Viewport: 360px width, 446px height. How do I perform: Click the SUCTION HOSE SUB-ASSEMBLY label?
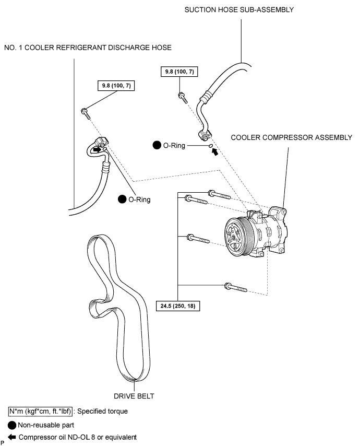point(239,10)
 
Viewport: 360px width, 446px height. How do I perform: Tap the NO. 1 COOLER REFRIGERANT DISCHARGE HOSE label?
point(88,48)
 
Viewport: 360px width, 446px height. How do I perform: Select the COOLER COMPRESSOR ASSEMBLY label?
point(291,137)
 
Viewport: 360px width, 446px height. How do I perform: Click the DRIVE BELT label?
point(134,396)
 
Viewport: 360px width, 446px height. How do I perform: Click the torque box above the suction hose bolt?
point(179,72)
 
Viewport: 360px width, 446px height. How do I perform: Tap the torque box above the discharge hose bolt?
point(116,85)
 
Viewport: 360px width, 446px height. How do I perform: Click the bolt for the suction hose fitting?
point(183,98)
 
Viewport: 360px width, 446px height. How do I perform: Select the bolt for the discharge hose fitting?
point(86,113)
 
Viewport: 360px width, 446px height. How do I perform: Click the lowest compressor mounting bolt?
point(235,288)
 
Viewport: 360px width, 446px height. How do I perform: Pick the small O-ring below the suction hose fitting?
point(211,146)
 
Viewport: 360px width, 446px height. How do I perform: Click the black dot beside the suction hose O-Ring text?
point(157,145)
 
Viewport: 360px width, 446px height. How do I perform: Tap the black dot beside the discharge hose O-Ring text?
point(122,199)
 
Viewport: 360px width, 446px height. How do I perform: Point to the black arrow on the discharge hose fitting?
point(97,149)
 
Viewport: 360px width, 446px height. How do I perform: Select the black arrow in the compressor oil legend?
point(12,437)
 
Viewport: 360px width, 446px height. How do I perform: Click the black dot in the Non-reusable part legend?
point(12,425)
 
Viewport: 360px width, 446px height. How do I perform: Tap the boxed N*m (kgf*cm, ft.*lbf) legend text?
point(40,412)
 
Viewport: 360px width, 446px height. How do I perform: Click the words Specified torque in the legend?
point(103,412)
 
